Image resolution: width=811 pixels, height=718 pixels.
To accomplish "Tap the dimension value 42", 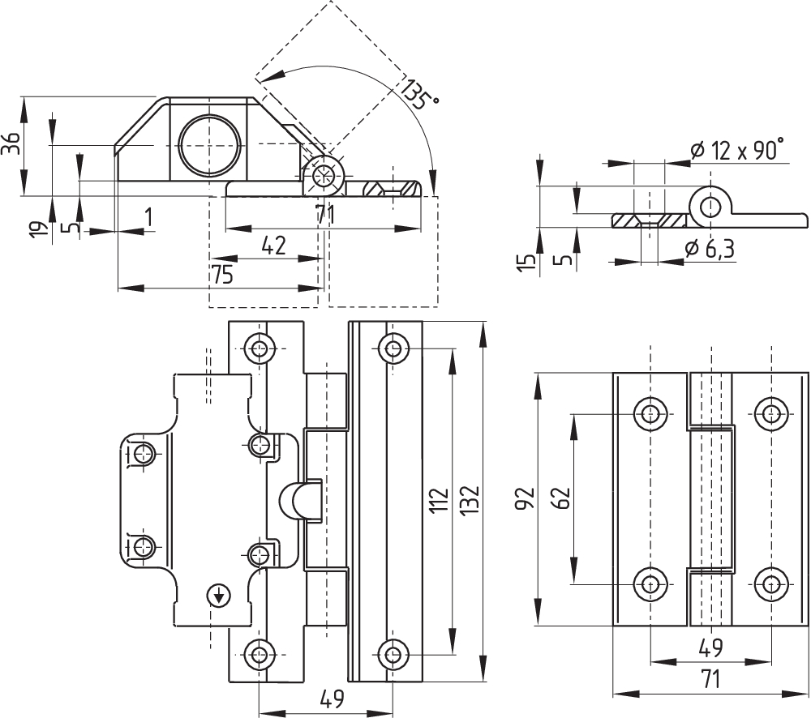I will (274, 246).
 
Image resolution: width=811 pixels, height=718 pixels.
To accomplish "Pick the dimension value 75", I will (222, 275).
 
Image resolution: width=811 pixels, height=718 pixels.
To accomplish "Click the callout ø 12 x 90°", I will (737, 149).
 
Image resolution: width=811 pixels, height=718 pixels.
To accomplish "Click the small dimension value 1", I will (148, 216).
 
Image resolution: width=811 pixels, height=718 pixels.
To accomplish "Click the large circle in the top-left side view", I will (211, 146).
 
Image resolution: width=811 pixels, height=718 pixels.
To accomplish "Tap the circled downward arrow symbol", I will (218, 596).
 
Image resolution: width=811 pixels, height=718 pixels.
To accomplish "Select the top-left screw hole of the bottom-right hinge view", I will (650, 414).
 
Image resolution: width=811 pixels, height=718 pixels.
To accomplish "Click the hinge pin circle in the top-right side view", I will (710, 206).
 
